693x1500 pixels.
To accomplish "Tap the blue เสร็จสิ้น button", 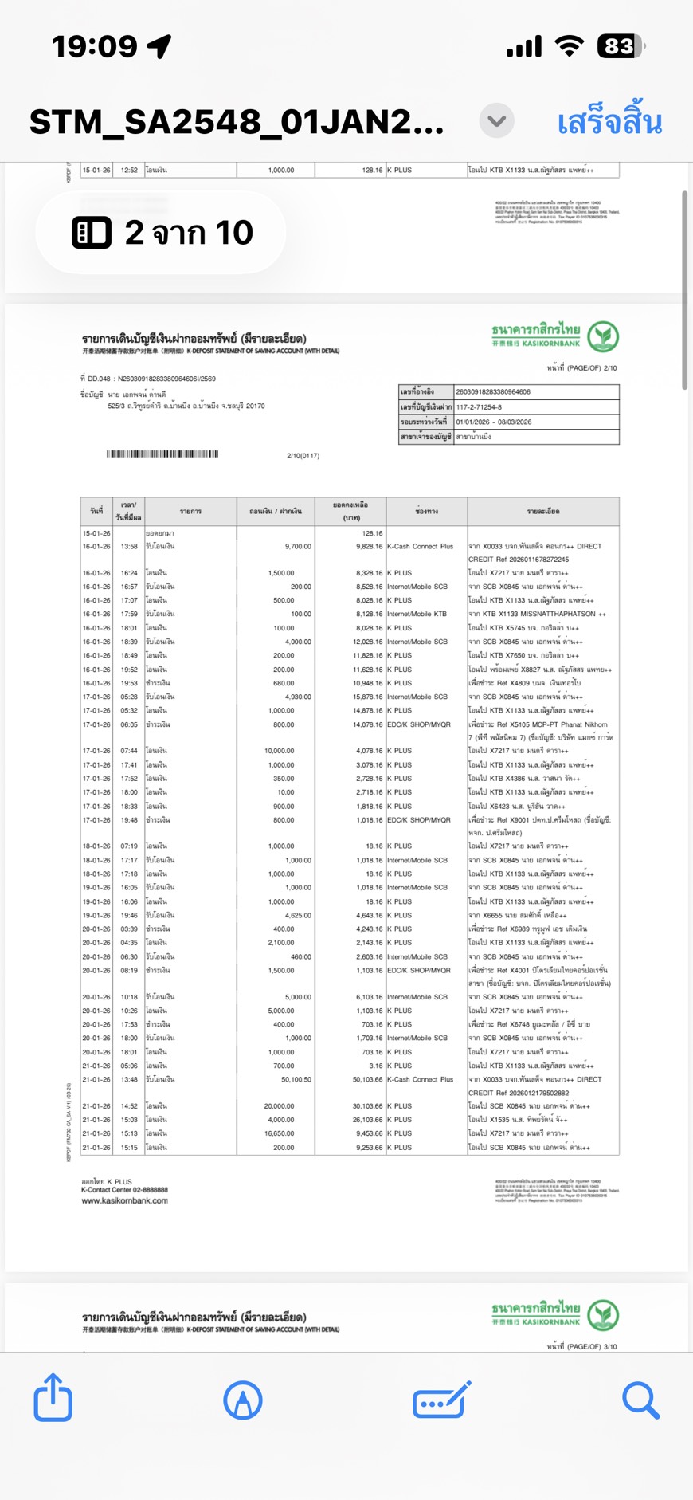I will tap(609, 123).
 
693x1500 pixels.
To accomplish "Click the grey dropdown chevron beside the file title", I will tap(496, 121).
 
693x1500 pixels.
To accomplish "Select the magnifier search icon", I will tap(640, 1400).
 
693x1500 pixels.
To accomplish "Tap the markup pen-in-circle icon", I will tap(243, 1400).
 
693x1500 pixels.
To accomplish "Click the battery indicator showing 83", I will tap(621, 46).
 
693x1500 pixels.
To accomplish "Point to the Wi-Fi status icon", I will tap(569, 46).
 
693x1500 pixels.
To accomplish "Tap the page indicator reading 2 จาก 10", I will tap(162, 233).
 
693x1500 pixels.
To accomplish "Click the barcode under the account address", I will tap(162, 454).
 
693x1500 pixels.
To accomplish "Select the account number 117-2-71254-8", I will tap(479, 406).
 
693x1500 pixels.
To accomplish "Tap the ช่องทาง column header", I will tap(426, 512).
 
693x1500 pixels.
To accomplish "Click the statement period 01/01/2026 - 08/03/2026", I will tap(494, 422).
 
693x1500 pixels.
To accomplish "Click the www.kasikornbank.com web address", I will tap(124, 1200).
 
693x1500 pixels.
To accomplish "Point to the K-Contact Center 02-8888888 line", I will tap(124, 1190).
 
